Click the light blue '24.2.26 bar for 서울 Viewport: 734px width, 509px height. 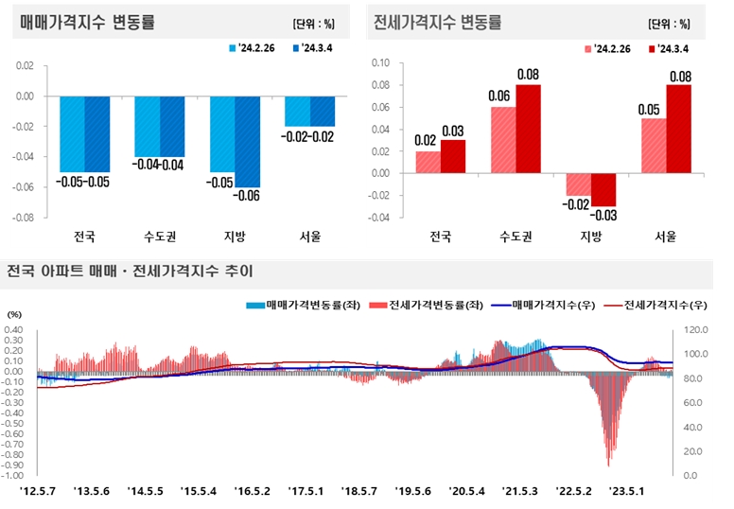[297, 111]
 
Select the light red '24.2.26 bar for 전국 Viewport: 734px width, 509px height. [428, 162]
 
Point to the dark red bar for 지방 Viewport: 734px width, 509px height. [603, 190]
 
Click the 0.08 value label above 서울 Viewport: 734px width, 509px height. [678, 77]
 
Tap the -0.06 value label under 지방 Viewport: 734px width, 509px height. [248, 196]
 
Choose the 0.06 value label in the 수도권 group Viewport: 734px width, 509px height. [502, 97]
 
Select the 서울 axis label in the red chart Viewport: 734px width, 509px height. [666, 237]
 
